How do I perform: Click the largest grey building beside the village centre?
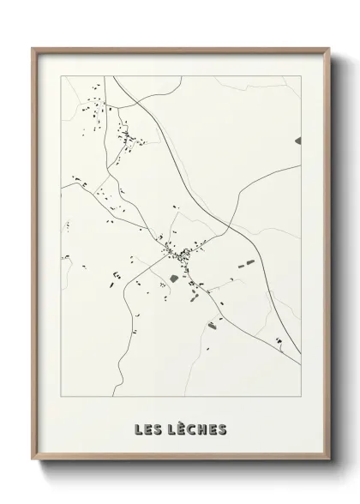[174, 278]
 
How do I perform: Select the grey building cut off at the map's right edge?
[298, 140]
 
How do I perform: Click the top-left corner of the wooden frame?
[33, 48]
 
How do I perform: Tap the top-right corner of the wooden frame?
[327, 48]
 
